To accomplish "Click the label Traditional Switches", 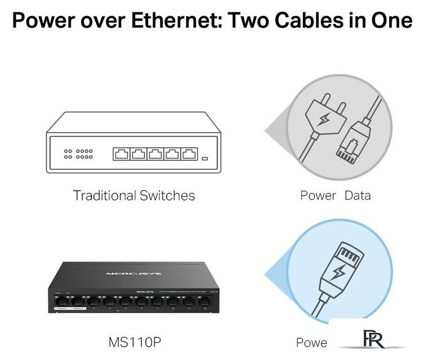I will (x=134, y=196).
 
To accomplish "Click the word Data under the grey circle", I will (x=358, y=196).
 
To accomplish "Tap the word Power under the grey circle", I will (x=318, y=196).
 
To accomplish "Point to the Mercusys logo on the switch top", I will (x=133, y=274).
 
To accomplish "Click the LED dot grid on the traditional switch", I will (x=78, y=154).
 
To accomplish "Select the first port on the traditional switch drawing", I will (x=121, y=154).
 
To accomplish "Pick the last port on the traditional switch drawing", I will (x=189, y=154).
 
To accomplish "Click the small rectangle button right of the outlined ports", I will (x=205, y=158).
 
